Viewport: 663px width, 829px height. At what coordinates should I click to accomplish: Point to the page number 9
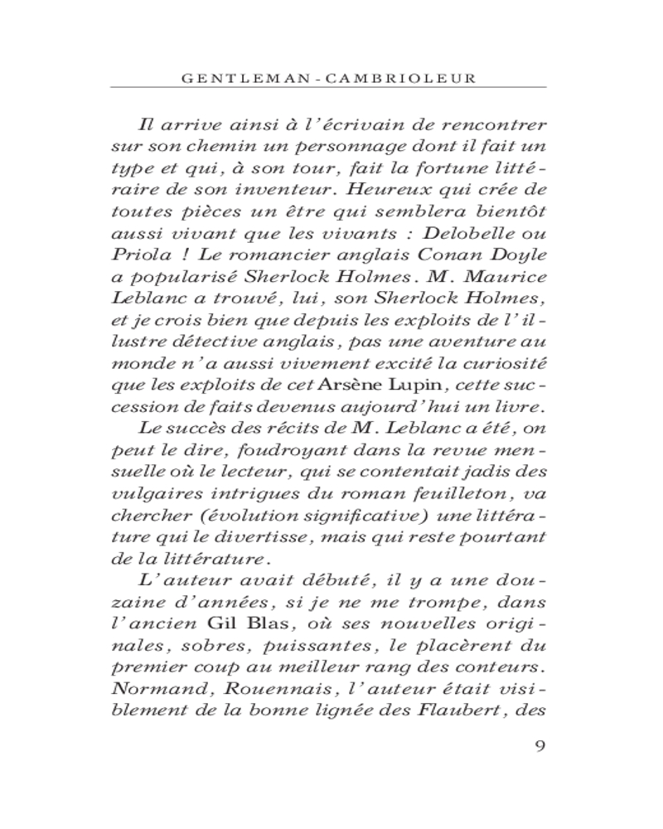click(x=540, y=744)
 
